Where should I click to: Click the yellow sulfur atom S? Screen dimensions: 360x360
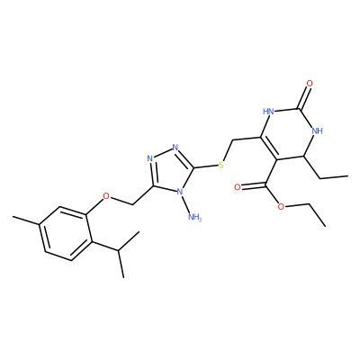pyautogui.click(x=221, y=165)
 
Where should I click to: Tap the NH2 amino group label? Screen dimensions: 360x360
pyautogui.click(x=194, y=217)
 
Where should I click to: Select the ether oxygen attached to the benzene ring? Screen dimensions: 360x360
pyautogui.click(x=106, y=196)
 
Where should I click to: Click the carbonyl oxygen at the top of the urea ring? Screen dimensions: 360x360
pyautogui.click(x=310, y=83)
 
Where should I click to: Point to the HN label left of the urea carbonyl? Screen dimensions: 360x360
pyautogui.click(x=268, y=112)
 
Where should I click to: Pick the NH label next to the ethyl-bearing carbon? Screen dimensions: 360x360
pyautogui.click(x=317, y=130)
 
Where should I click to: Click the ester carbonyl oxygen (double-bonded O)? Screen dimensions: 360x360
pyautogui.click(x=238, y=187)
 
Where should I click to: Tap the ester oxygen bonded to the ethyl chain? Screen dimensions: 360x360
pyautogui.click(x=281, y=207)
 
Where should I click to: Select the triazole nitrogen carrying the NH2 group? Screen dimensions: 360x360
pyautogui.click(x=180, y=192)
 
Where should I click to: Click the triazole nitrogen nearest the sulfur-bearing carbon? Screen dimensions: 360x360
pyautogui.click(x=175, y=148)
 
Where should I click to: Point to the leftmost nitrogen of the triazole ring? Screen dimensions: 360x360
pyautogui.click(x=150, y=158)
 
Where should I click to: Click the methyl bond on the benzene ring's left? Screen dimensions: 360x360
pyautogui.click(x=25, y=220)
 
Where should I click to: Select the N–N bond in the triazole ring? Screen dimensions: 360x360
pyautogui.click(x=163, y=153)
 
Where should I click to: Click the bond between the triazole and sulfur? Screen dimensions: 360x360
pyautogui.click(x=206, y=166)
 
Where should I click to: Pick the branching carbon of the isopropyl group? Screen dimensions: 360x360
pyautogui.click(x=119, y=249)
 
